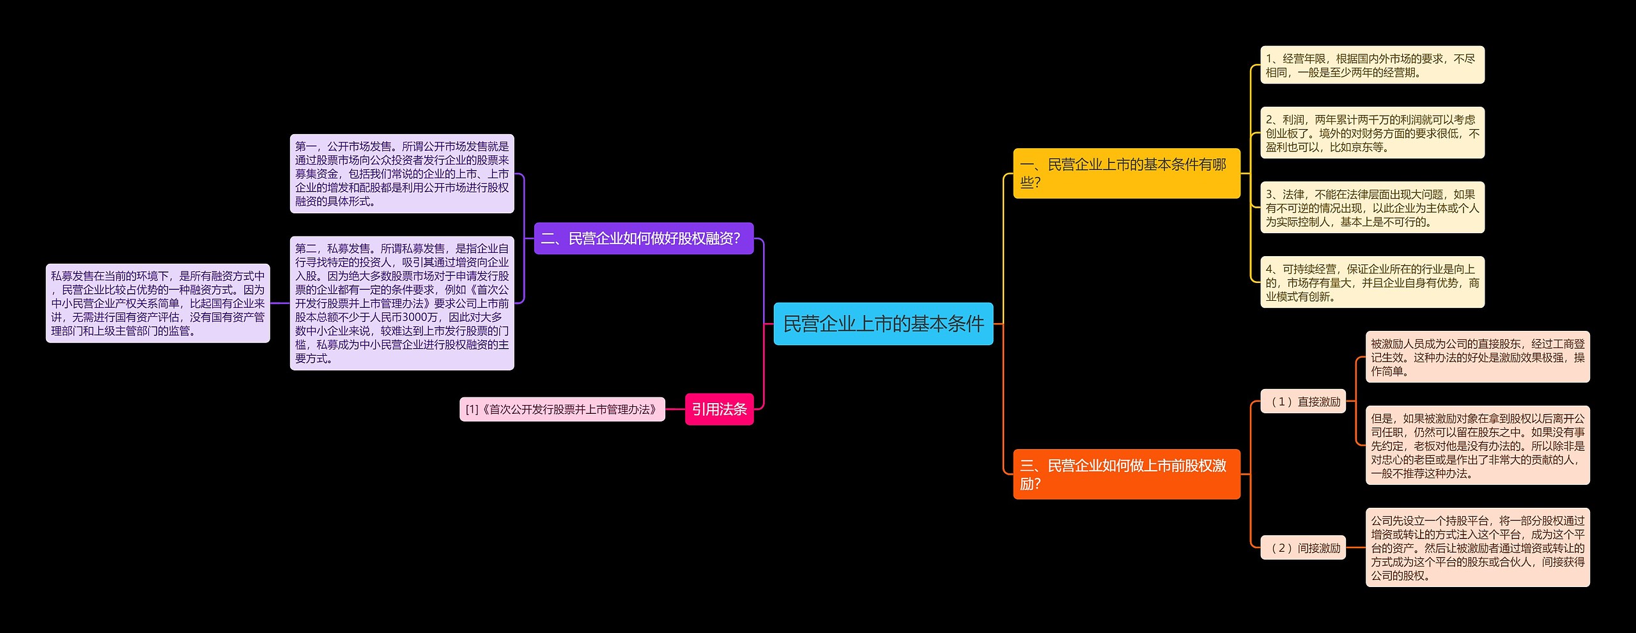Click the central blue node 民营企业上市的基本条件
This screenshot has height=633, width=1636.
[883, 324]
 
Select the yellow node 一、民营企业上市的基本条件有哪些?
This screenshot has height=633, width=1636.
[1126, 173]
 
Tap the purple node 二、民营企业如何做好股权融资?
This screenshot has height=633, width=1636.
[643, 238]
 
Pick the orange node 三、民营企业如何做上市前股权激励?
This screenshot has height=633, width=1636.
[1126, 474]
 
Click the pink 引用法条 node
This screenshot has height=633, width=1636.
[719, 409]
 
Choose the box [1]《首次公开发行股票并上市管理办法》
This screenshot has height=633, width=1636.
[562, 409]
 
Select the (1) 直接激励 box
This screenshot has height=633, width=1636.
[1302, 402]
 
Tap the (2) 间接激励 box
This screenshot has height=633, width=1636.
[1302, 548]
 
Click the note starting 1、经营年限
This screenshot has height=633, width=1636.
[1371, 65]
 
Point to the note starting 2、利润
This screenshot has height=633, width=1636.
[1371, 133]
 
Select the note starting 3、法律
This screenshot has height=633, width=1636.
[1371, 208]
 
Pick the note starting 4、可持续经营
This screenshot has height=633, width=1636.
[1371, 282]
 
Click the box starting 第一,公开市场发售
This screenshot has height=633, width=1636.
[401, 174]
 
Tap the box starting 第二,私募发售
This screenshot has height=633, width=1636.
[401, 303]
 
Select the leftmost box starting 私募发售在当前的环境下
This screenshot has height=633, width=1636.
[157, 303]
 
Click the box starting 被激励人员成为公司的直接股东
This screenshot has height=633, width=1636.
[1477, 357]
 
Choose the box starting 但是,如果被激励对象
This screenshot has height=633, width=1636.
[1477, 445]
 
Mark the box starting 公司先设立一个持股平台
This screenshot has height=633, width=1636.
[1477, 547]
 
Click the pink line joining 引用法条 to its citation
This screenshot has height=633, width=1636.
[675, 409]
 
